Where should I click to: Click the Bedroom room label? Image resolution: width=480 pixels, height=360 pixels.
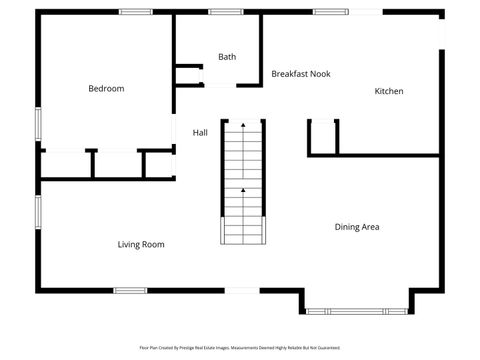(106, 89)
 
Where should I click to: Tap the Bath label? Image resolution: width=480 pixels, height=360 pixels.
(227, 57)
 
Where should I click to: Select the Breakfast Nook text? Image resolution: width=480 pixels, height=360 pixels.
(301, 74)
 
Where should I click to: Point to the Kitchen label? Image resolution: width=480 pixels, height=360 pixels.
(389, 91)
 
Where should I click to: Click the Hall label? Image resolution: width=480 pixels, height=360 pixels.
(200, 132)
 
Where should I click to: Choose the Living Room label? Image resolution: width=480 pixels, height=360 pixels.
(141, 244)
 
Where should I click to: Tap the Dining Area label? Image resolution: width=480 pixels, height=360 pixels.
(357, 227)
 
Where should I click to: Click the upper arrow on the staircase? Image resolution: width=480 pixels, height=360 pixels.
(242, 126)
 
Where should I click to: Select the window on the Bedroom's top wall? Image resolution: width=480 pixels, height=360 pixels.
(135, 11)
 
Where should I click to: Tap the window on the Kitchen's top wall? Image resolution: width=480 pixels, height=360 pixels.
(331, 11)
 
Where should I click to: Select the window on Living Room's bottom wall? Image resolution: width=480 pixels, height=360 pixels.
(130, 290)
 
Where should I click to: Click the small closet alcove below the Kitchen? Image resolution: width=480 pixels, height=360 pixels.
(323, 137)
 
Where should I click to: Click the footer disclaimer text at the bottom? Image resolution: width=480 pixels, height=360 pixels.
(240, 348)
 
